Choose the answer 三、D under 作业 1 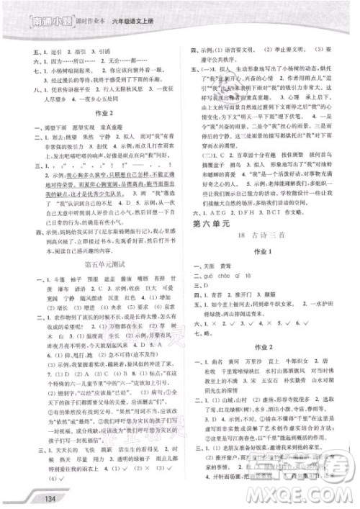pos(215,325)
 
